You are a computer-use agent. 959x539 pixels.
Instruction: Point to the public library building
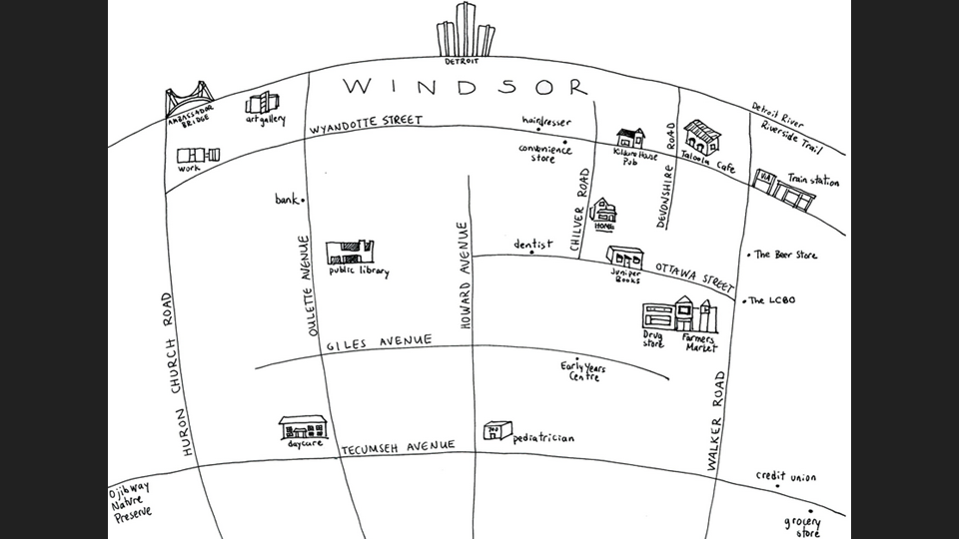click(350, 252)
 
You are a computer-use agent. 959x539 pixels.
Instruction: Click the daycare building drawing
click(304, 427)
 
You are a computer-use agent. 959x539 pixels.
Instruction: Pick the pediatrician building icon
click(496, 430)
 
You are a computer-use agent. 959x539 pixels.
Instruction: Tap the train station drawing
click(785, 188)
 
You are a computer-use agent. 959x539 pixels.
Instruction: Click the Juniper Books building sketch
click(626, 256)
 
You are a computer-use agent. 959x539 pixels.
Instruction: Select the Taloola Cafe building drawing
click(701, 135)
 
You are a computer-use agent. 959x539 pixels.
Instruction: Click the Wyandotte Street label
click(366, 122)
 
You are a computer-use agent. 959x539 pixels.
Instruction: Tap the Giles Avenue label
click(380, 342)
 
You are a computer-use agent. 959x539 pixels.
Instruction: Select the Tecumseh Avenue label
click(398, 446)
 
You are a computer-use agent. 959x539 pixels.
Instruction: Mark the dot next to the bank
click(303, 200)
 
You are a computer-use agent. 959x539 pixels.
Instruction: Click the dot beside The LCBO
click(743, 300)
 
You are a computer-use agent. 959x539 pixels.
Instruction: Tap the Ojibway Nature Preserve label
click(132, 500)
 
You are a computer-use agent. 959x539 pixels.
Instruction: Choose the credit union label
click(785, 477)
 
